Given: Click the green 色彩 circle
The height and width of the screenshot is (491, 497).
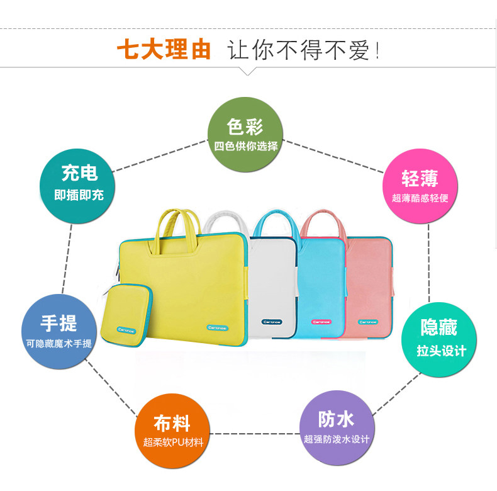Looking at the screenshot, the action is click(x=245, y=134).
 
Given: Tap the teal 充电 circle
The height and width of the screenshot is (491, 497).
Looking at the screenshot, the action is click(x=79, y=183).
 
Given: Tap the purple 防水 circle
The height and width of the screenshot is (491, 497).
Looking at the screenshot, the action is click(x=337, y=427).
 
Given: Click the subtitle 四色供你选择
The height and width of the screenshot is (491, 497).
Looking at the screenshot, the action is click(x=245, y=147).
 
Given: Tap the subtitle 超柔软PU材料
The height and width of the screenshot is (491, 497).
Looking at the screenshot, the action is click(x=173, y=442).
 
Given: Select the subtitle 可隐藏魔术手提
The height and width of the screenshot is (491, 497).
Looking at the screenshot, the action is click(x=59, y=344).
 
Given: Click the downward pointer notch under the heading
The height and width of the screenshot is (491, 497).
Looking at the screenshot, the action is click(x=249, y=71).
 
